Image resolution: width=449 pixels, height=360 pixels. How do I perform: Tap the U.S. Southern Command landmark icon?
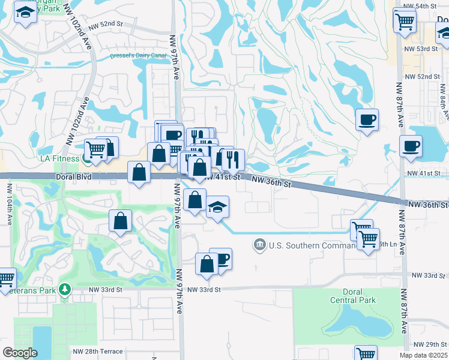(259, 244)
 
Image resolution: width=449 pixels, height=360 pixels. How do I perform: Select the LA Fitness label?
(59, 158)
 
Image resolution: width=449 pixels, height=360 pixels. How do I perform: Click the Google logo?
(20, 353)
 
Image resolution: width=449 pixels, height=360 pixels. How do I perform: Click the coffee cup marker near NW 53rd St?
(367, 119)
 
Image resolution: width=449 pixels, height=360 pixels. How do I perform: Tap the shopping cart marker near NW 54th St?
(405, 20)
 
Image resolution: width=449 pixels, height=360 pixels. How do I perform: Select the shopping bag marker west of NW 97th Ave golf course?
(120, 220)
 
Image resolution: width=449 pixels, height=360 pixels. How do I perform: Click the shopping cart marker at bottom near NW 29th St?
(365, 353)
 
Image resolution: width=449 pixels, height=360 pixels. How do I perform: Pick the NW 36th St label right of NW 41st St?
(271, 182)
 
